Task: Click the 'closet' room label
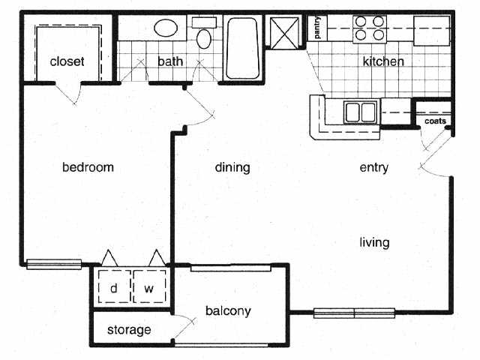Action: [67, 61]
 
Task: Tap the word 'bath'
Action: [170, 61]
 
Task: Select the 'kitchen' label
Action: [383, 61]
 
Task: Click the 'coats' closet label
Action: [435, 121]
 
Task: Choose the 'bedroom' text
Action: [88, 167]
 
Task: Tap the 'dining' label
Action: [232, 167]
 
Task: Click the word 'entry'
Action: [374, 167]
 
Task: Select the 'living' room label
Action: [374, 242]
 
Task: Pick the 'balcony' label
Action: [228, 310]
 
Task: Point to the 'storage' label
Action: [129, 330]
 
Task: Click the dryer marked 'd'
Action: [114, 287]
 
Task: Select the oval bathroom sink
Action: [167, 29]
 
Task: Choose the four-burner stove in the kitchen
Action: [370, 28]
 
